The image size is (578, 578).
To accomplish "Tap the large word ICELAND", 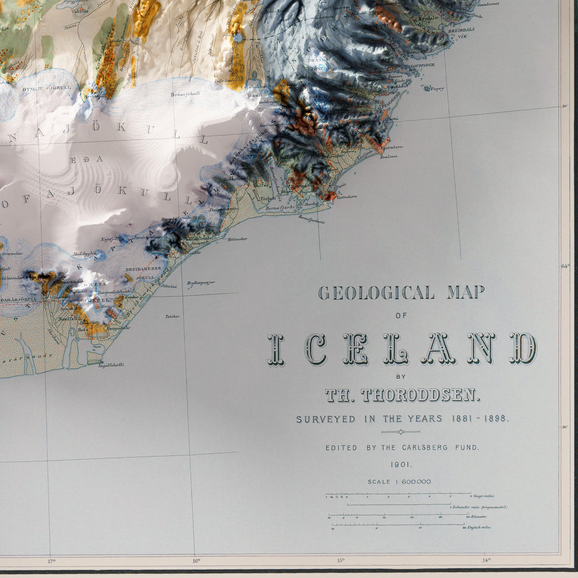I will coord(402,349).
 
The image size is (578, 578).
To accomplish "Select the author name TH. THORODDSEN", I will coord(402,396).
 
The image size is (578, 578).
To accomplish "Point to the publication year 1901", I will coord(401,465).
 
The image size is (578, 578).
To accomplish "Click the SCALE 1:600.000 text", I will coord(399,482).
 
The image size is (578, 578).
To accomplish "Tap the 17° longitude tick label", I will coord(51,561).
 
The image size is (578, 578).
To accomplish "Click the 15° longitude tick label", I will coord(341,561).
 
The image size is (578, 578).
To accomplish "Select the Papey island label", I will coord(437,89).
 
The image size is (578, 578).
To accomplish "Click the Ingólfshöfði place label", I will coord(111,364).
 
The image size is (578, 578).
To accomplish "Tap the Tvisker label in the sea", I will coord(172,316).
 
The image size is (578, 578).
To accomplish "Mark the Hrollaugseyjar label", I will coord(201,282).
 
